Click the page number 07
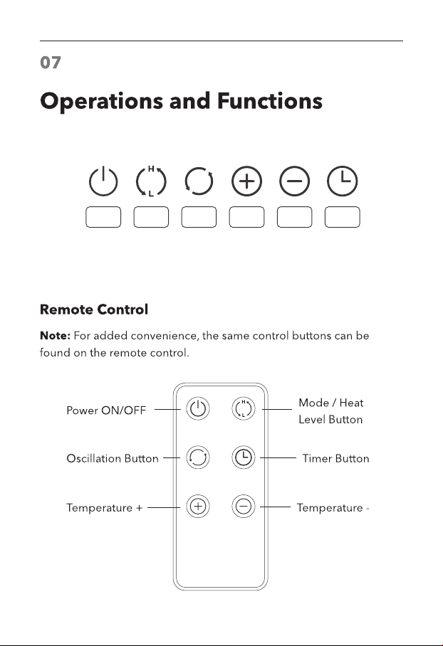coord(51,63)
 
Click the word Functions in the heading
coord(270,101)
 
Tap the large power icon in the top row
coord(103,181)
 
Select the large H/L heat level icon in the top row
coord(151,181)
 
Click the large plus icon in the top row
coord(246,181)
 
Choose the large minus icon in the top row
coord(295,181)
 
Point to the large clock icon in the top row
coord(343,181)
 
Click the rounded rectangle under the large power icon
coord(103,217)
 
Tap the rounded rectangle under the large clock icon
coord(343,217)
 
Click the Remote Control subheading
coord(94,309)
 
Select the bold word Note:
coord(56,336)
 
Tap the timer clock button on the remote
coord(244,457)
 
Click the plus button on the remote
coord(198,506)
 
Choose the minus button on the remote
coord(244,506)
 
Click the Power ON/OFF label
coord(106,411)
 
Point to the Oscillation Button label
coord(113,459)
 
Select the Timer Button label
coord(335,459)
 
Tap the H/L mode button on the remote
coord(244,408)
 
